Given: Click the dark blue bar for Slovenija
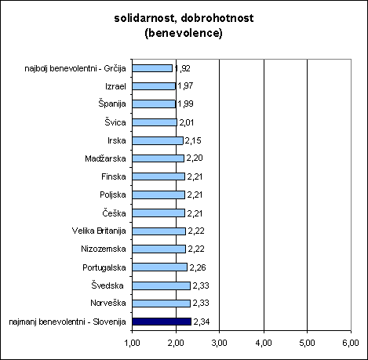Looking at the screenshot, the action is click(162, 322).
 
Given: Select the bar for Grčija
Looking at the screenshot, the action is click(152, 68).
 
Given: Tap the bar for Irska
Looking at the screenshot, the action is click(158, 140).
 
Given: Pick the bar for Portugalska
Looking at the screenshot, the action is click(159, 267).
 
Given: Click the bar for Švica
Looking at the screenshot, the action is click(155, 122).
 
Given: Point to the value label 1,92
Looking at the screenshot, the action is click(183, 68).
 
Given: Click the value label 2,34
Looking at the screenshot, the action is click(202, 322).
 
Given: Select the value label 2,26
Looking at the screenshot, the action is click(198, 267).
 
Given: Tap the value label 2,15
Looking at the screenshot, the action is click(193, 140).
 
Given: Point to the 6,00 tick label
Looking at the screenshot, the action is click(351, 343).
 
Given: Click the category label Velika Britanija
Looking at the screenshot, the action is click(99, 231).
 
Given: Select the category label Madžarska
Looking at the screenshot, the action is click(105, 158).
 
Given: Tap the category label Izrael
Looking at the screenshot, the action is click(115, 86).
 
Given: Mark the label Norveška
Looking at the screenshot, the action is click(108, 303).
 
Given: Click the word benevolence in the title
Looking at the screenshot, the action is click(184, 33).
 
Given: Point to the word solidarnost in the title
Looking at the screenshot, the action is click(144, 18).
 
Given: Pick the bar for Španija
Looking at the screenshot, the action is click(154, 104).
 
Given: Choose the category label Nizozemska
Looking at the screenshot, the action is click(104, 249).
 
